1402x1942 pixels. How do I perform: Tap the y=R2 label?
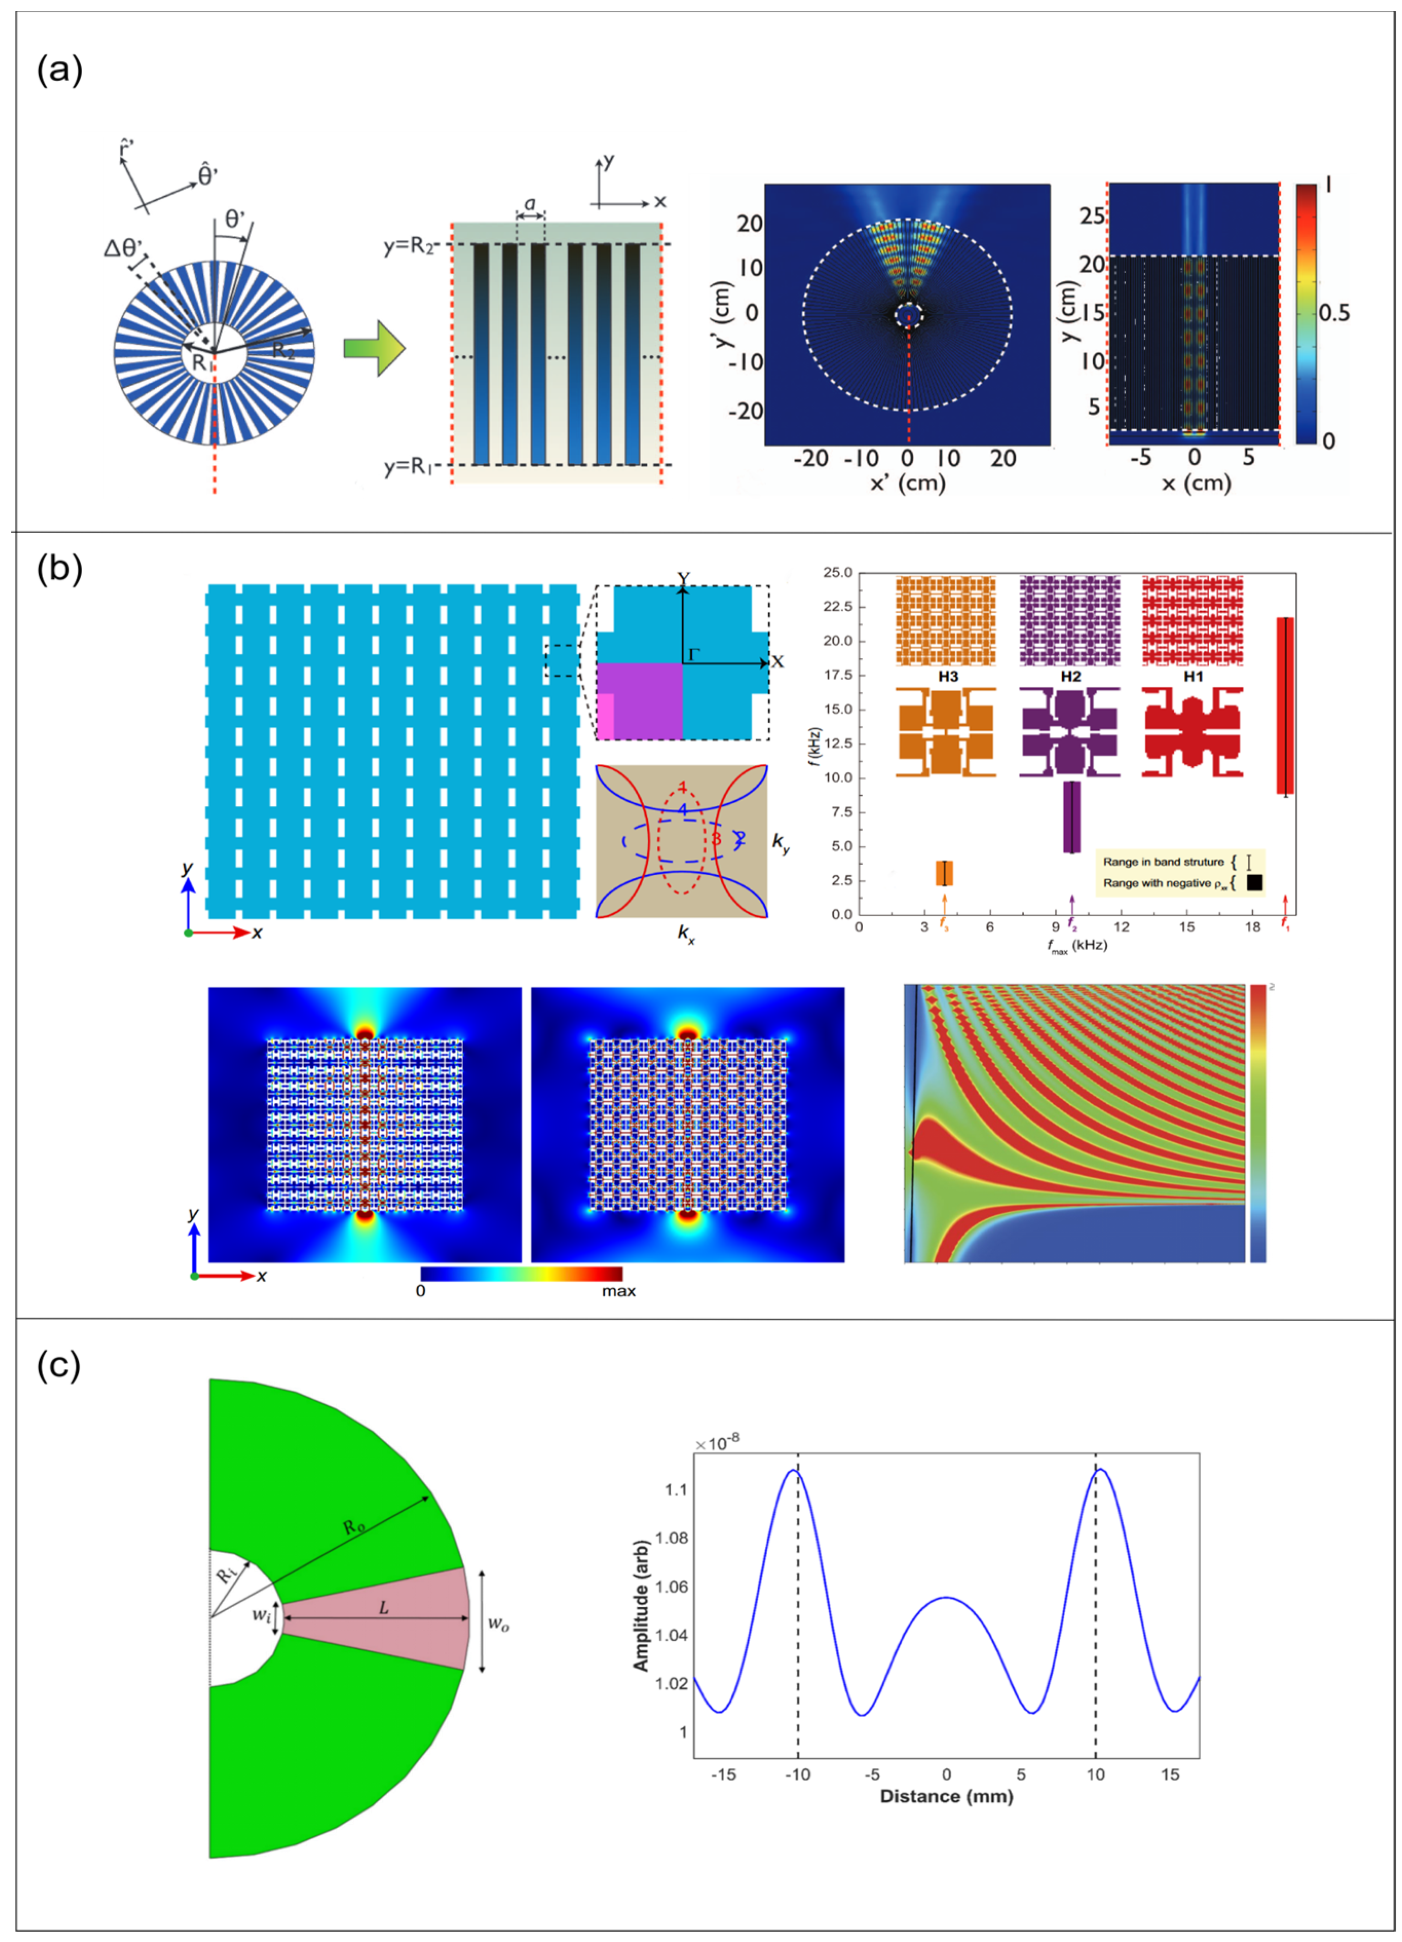click(x=412, y=247)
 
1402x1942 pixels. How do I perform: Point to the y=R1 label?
click(x=412, y=467)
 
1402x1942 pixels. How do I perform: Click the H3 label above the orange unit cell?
click(x=948, y=676)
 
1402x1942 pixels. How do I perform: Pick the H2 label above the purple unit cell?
click(x=1071, y=676)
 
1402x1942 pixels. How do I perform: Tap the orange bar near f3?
click(x=944, y=873)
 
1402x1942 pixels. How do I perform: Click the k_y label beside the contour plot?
click(x=781, y=843)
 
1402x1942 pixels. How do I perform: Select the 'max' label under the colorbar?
click(x=618, y=1291)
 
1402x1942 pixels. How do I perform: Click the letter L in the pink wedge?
click(x=384, y=1608)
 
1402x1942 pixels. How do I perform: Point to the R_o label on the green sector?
click(x=353, y=1526)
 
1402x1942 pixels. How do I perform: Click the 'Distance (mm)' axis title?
click(x=946, y=1797)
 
